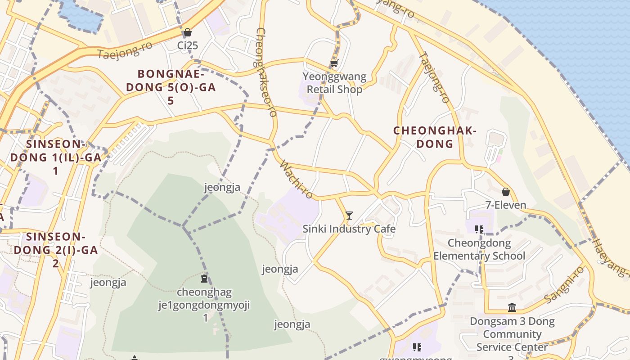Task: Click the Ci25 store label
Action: point(188,45)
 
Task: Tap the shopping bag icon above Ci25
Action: point(188,32)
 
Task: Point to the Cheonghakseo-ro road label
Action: point(266,72)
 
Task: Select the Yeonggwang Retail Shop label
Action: point(334,83)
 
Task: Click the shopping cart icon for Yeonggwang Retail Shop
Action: point(334,63)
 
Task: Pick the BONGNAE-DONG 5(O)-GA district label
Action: point(171,87)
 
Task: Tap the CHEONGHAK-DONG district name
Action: point(435,137)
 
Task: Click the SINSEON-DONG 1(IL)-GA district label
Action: point(56,157)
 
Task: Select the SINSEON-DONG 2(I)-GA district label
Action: point(56,249)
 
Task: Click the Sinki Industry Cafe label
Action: point(349,229)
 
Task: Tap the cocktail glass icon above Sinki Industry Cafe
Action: point(349,216)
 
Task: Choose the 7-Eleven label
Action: point(506,205)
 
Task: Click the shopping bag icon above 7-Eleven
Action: point(506,192)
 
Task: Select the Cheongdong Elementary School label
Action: point(479,249)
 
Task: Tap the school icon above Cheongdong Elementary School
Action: point(479,229)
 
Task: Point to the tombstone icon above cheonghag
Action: point(205,279)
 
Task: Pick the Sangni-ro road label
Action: point(564,284)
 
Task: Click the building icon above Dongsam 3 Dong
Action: point(512,308)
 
